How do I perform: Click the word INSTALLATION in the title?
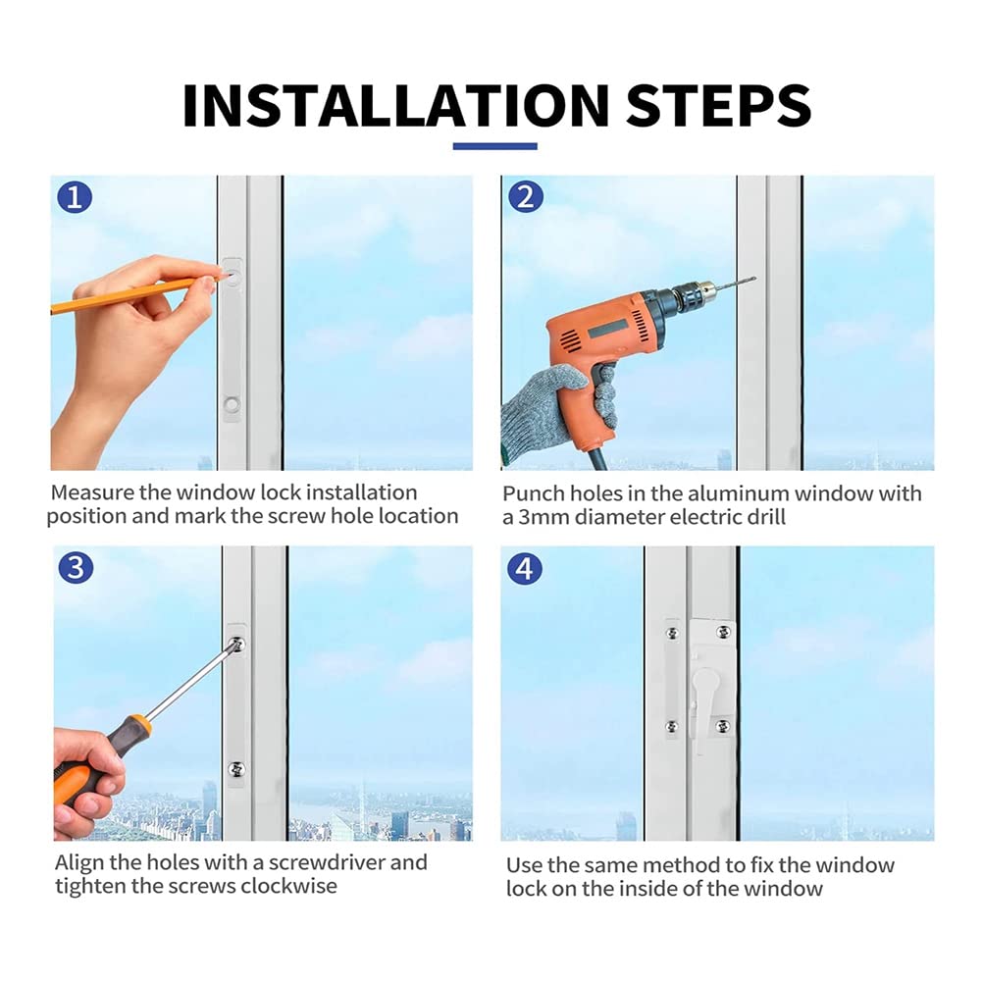(x=395, y=105)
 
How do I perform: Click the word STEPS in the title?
(x=718, y=105)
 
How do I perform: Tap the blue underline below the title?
(x=494, y=146)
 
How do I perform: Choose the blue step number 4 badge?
(x=525, y=569)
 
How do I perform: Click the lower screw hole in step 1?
(x=232, y=404)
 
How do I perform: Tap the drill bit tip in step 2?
(x=754, y=278)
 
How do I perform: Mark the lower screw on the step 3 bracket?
(x=236, y=769)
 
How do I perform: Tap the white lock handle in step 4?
(x=705, y=697)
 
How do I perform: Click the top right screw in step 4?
(x=723, y=632)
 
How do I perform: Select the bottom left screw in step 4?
(x=671, y=727)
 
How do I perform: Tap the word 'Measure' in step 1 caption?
(x=92, y=492)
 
